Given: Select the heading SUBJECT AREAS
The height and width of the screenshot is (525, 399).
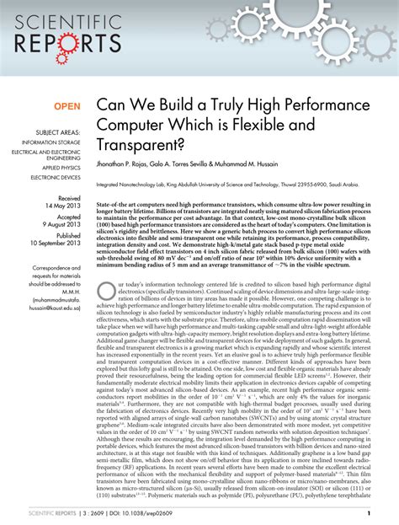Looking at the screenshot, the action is pos(56,132).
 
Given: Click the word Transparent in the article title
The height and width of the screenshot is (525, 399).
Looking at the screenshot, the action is pos(144,143).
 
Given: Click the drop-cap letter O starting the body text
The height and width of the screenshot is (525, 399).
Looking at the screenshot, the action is pos(105,290).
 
